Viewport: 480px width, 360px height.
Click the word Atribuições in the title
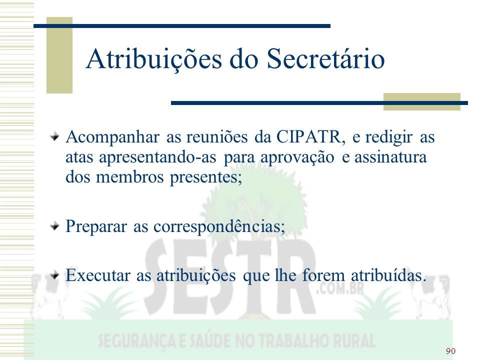pos(153,59)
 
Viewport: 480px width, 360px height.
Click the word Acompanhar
pos(112,137)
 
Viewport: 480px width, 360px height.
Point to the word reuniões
pos(217,136)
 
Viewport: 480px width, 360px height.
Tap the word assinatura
pos(390,157)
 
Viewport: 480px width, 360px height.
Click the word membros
pos(130,177)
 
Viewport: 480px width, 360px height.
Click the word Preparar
pos(96,227)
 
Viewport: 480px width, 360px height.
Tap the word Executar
pos(97,275)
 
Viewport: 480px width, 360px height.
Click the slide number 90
pos(450,351)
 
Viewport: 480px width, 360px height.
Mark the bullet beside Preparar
pos(54,226)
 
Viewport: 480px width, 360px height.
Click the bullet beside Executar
pos(54,274)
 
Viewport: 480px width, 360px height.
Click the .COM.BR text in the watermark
pos(340,288)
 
